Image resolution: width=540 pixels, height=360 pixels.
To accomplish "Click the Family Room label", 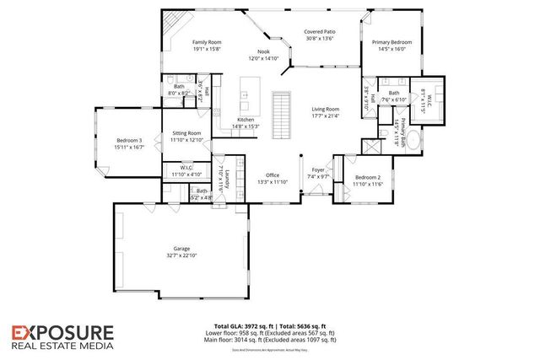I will (206, 42).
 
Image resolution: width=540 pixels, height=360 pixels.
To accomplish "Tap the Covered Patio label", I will (321, 32).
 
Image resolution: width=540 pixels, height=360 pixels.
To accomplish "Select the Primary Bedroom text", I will (392, 42).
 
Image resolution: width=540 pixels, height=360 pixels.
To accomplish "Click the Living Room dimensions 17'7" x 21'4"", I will (325, 116).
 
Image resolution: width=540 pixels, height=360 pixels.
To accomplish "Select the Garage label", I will (181, 249).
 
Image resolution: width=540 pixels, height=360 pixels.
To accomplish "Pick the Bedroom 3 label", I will (129, 140).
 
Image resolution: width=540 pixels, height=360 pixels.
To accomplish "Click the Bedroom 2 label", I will (368, 177).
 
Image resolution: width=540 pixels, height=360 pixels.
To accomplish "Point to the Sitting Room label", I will (186, 133).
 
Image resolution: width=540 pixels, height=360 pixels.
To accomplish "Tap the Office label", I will (272, 175).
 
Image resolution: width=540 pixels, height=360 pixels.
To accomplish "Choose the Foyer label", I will (318, 170).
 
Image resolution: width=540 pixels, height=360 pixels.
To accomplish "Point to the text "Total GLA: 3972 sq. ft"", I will (246, 325).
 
